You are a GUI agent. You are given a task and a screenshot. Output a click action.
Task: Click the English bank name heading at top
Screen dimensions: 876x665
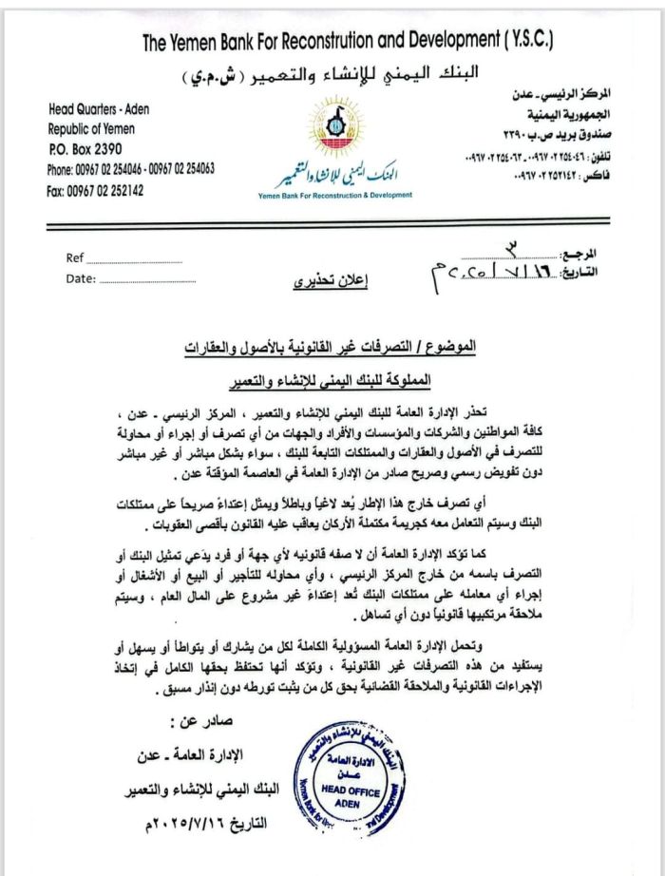pos(347,42)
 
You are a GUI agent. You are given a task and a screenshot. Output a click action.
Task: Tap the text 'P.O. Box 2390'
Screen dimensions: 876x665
pos(85,149)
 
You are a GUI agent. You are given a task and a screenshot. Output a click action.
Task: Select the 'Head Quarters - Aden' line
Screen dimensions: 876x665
pos(99,109)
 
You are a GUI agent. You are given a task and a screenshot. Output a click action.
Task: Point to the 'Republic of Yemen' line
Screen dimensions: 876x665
pos(91,129)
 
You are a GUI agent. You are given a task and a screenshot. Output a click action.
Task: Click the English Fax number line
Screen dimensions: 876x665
pos(95,190)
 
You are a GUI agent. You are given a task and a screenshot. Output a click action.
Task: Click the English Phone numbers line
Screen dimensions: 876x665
pos(131,169)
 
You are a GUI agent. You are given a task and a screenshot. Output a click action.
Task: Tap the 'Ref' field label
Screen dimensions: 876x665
pos(75,257)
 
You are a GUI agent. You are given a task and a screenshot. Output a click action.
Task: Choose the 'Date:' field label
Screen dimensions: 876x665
pos(81,278)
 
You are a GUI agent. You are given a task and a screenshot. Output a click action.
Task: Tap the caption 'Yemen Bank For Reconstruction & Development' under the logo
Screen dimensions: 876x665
pos(335,195)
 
